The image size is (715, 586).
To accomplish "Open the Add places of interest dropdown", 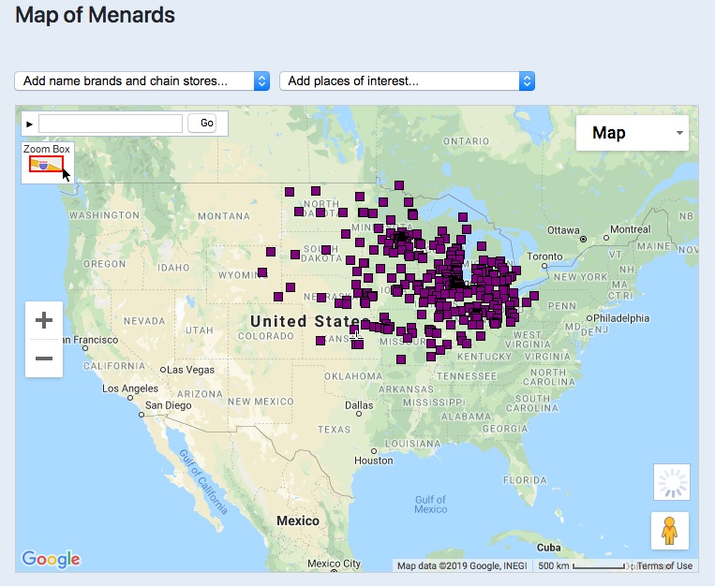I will pyautogui.click(x=407, y=81).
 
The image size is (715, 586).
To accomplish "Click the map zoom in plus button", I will pyautogui.click(x=44, y=321).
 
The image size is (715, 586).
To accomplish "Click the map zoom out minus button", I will pyautogui.click(x=44, y=359).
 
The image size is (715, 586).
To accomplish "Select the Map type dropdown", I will pyautogui.click(x=632, y=133).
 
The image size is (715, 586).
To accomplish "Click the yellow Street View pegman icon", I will pyautogui.click(x=669, y=531).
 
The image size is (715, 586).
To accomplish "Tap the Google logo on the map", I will pyautogui.click(x=51, y=559).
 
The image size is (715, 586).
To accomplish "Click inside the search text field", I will pyautogui.click(x=111, y=123).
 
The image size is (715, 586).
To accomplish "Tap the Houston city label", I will pyautogui.click(x=373, y=461).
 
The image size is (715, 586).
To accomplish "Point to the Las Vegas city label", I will pyautogui.click(x=191, y=370).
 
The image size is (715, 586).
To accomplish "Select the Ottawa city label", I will pyautogui.click(x=563, y=229).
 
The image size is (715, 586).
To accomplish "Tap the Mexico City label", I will pyautogui.click(x=332, y=564).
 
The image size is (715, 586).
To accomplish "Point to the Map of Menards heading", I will pyautogui.click(x=96, y=15).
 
